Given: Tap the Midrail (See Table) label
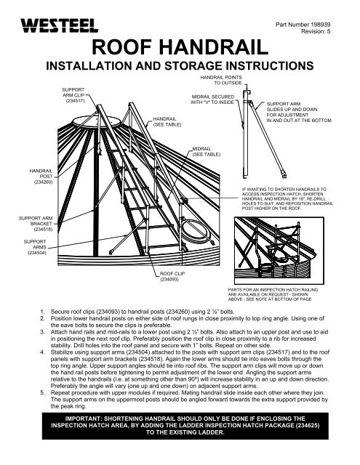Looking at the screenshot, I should (203, 152).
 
